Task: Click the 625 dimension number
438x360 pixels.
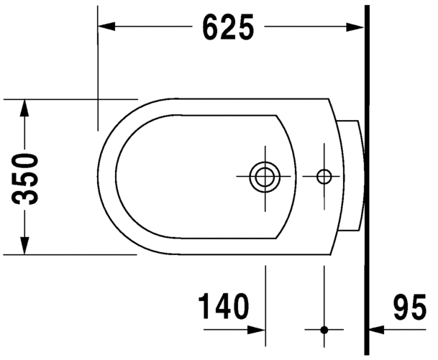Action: [x=228, y=27]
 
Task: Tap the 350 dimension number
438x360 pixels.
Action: [x=24, y=179]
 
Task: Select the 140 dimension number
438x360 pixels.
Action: [x=223, y=306]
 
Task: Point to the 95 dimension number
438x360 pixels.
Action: [x=410, y=307]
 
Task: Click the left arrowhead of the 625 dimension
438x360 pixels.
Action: [x=106, y=27]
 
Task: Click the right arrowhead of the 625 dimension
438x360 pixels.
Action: [x=355, y=27]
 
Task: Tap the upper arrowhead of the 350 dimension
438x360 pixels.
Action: [x=24, y=108]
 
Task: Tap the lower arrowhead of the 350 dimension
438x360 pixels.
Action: [x=24, y=246]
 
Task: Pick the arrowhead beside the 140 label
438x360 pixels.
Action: [x=257, y=330]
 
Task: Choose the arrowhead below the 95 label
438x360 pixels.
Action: [x=378, y=330]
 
